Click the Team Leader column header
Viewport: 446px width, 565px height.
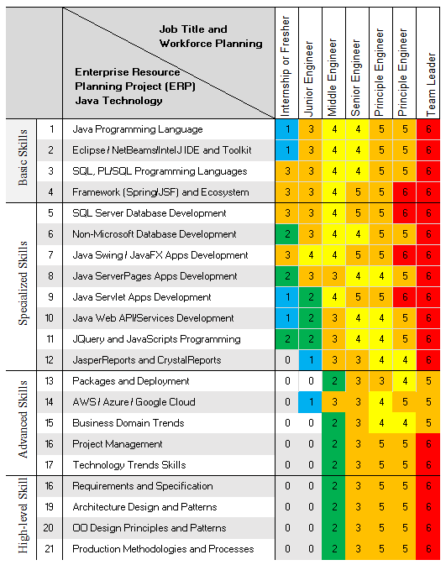coord(431,84)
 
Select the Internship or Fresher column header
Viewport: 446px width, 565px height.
coord(285,66)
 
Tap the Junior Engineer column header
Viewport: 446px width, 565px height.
coord(308,79)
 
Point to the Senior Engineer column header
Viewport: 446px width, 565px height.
coord(355,78)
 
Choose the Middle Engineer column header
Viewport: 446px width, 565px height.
coord(332,77)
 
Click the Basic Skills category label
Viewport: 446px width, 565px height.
coord(23,157)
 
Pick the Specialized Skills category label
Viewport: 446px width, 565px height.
coord(23,283)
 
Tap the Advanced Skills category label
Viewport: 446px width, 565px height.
coord(23,419)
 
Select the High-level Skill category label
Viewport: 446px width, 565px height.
coord(23,515)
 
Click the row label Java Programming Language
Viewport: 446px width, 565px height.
coord(138,129)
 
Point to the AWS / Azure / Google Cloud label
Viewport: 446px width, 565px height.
coord(134,402)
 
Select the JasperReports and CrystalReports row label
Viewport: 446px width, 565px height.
coord(147,360)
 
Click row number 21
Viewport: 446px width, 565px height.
coord(49,549)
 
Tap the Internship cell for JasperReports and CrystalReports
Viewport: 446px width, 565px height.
coord(287,360)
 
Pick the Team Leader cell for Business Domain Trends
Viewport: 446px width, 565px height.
coord(428,422)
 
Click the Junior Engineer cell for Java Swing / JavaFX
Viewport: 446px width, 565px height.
coord(311,255)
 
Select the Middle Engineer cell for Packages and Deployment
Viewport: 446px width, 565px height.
coord(333,381)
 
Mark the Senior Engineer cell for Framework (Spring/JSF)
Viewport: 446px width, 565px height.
coord(357,192)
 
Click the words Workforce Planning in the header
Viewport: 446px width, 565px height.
coord(211,44)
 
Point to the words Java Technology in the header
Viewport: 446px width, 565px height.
coord(118,101)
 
